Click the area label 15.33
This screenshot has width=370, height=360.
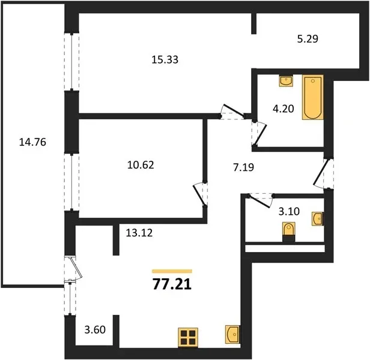click(165, 59)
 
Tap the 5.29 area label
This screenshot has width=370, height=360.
click(308, 38)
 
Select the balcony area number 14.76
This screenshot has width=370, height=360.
click(32, 142)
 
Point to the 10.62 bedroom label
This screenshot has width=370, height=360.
click(141, 165)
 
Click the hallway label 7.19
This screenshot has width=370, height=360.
click(243, 167)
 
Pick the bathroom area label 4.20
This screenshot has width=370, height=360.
click(283, 109)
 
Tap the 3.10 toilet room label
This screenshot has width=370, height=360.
click(289, 211)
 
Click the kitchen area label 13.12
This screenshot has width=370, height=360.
click(139, 233)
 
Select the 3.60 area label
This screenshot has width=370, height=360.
click(95, 329)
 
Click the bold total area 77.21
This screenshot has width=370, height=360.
click(172, 284)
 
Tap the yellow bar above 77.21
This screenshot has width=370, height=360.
click(172, 271)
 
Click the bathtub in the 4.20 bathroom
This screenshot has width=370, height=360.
click(313, 97)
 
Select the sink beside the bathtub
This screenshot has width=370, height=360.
click(286, 81)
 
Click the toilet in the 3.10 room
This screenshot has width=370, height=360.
click(289, 232)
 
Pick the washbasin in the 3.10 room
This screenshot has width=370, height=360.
click(318, 219)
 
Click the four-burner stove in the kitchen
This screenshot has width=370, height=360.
click(188, 337)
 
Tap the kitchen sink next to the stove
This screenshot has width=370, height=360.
click(232, 334)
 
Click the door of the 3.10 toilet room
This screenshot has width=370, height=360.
click(259, 200)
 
